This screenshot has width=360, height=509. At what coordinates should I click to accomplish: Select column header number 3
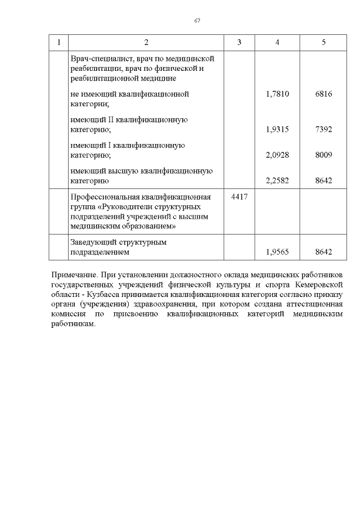pos(239,43)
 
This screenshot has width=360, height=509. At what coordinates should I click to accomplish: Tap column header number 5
pos(323,43)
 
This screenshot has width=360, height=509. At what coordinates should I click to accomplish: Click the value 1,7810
pos(277,94)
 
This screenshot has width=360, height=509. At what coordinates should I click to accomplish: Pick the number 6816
pos(323,94)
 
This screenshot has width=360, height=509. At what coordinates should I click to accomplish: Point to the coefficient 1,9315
pos(277,129)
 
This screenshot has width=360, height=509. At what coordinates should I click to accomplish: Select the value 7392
pos(323,129)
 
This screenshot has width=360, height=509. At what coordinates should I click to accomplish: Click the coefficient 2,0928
pos(277,155)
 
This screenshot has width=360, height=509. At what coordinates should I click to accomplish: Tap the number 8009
pos(323,155)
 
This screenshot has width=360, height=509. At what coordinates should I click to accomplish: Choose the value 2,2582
pos(277,181)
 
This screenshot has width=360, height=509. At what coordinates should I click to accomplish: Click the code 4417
pos(240,197)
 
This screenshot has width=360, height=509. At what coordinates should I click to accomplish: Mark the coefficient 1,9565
pos(277,253)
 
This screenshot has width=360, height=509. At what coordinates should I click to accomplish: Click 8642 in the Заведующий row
pos(323,253)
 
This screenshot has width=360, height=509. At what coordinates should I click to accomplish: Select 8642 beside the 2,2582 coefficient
pos(323,181)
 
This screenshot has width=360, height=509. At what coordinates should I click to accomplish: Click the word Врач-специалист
pos(98,58)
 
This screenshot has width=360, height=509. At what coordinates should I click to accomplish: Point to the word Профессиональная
pos(104,197)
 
